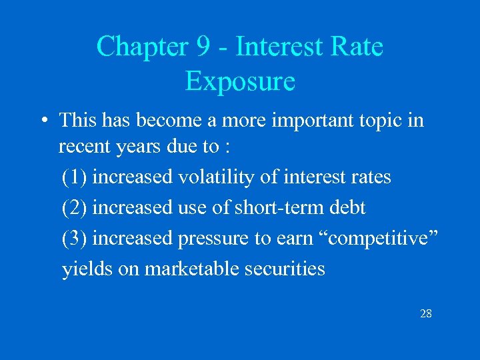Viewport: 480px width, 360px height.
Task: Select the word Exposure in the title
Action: tap(240, 81)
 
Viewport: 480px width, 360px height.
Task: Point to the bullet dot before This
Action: tap(42, 121)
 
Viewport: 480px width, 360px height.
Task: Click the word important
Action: tap(307, 121)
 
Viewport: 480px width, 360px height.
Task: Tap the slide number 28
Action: tap(425, 313)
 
